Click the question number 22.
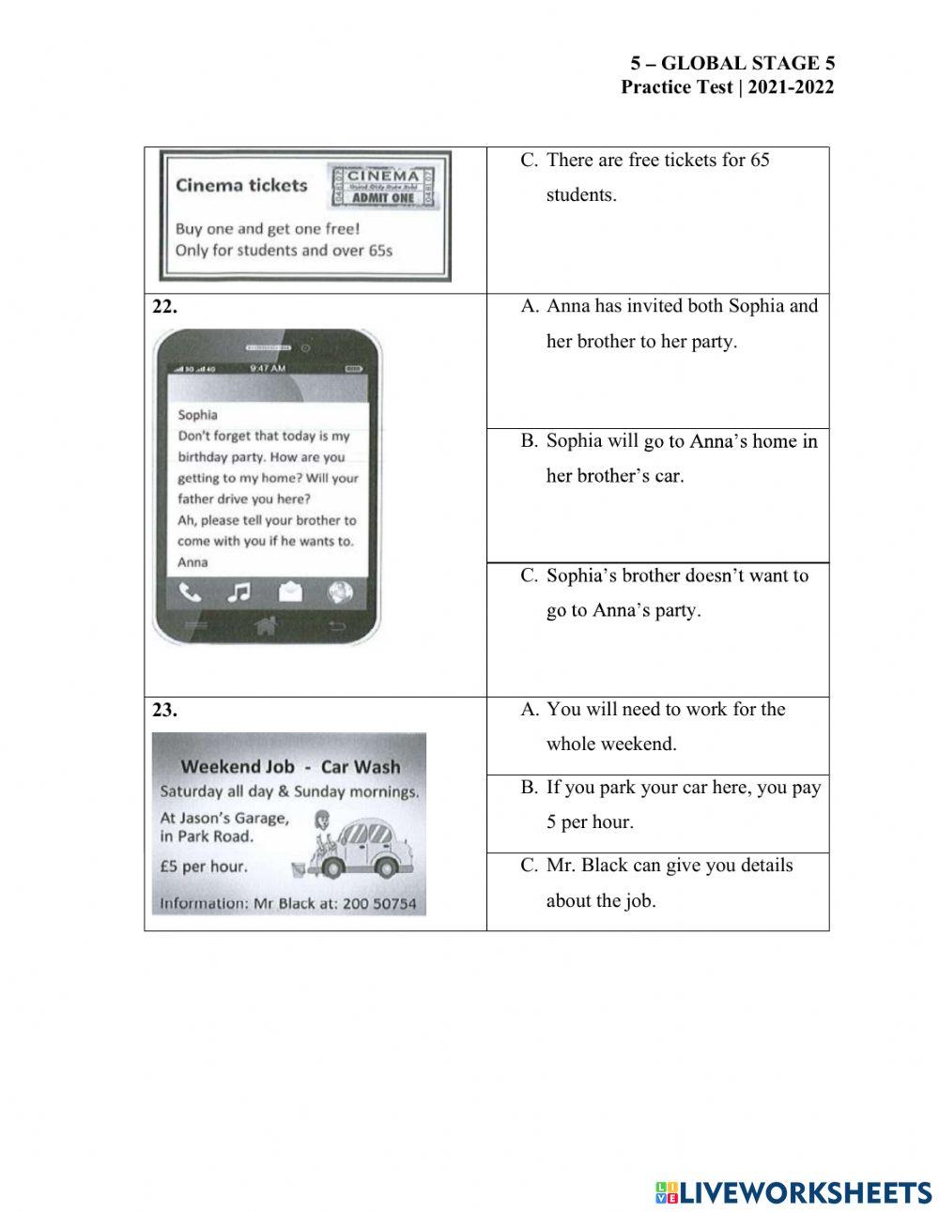pos(164,307)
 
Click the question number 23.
pos(164,711)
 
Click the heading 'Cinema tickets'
pos(241,185)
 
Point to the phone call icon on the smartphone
pos(190,591)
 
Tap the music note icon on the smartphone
pos(240,591)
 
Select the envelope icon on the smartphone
pos(291,591)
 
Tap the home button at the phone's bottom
pos(266,626)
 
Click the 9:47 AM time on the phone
pos(268,369)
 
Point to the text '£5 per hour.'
pos(204,867)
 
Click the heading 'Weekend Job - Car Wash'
pos(289,766)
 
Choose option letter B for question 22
pos(529,441)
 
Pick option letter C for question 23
pos(529,866)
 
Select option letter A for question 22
pos(529,307)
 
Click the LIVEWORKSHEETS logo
pos(793,1192)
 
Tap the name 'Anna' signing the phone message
pos(192,562)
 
